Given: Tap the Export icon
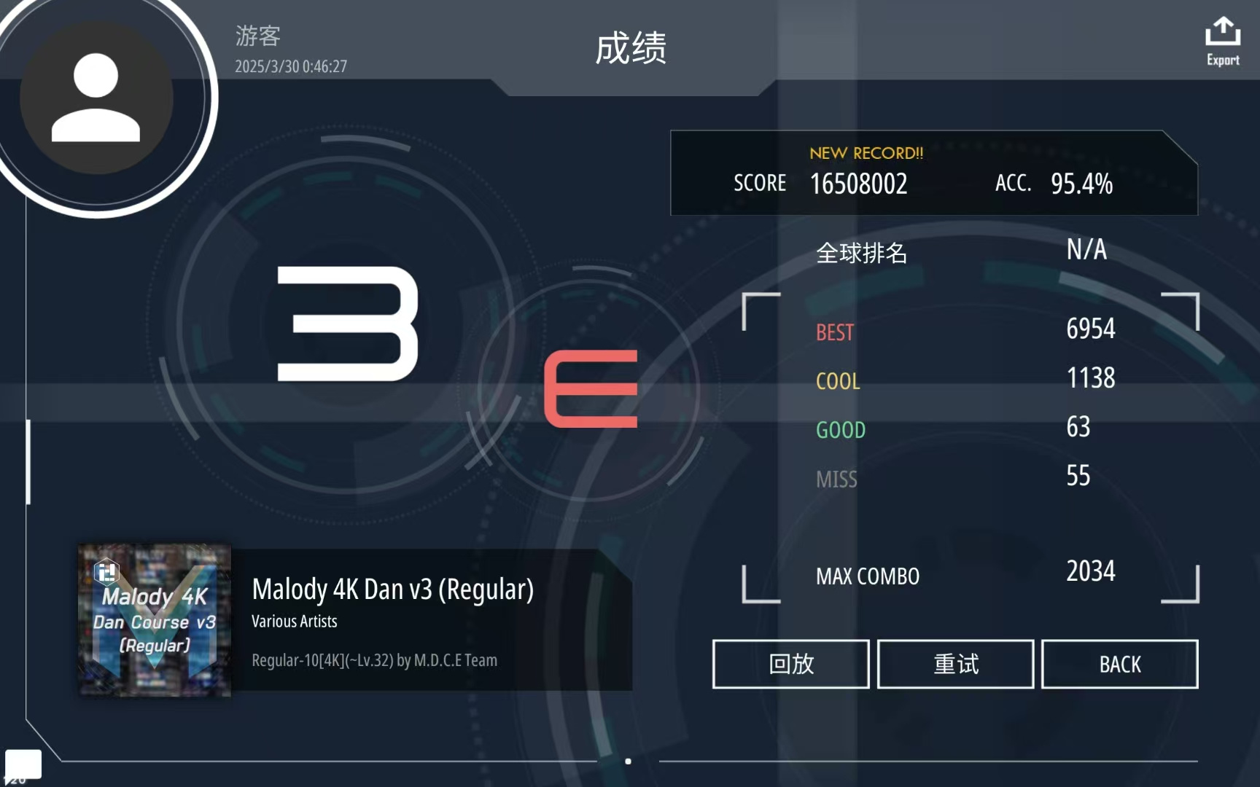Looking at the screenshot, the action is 1223,32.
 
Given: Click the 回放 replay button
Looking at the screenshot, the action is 791,664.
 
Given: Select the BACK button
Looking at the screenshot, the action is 1120,664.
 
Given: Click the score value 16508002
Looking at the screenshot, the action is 858,184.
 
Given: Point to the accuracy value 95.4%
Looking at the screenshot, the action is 1081,184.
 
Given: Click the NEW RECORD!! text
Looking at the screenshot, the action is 866,153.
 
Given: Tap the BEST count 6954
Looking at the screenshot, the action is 1091,329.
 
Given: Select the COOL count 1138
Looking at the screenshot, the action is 1091,377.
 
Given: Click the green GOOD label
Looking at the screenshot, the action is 841,430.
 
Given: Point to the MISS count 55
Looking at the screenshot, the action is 1078,475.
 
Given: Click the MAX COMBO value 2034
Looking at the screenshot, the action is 1091,571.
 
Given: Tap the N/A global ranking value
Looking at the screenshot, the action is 1086,249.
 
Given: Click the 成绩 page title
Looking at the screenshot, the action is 631,48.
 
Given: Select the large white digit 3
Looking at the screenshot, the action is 348,324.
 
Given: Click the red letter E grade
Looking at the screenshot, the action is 591,388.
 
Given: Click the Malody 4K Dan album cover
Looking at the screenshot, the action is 155,620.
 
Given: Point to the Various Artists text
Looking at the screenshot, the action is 295,622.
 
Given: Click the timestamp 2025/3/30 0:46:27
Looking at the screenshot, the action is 291,66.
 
